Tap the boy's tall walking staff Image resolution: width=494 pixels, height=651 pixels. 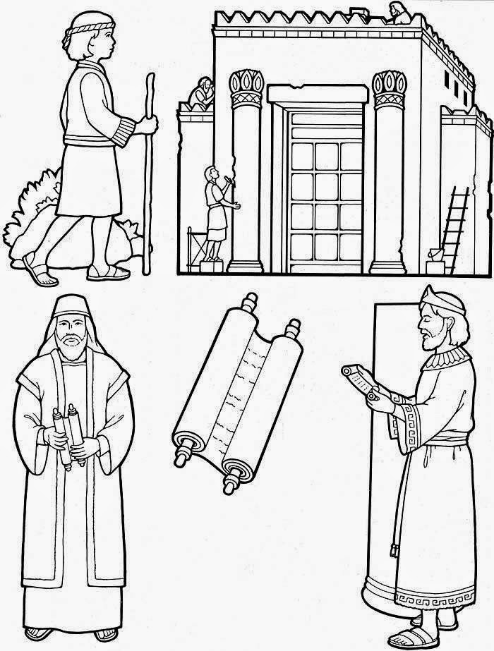click(147, 176)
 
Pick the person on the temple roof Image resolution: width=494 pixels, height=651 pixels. click(397, 13)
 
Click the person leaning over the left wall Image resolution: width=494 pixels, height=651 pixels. click(203, 91)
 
